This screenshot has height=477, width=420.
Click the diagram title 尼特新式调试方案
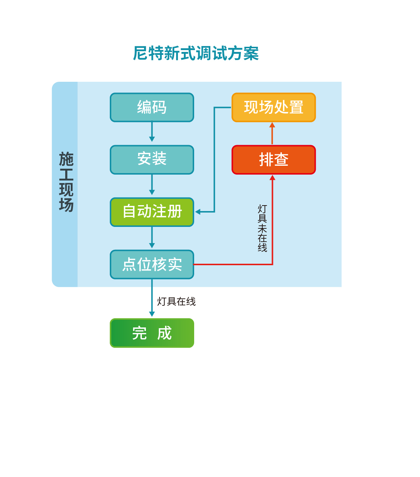[196, 53]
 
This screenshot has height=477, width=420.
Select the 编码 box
[152, 107]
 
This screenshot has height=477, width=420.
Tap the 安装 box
[152, 159]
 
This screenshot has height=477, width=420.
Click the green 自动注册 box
[152, 212]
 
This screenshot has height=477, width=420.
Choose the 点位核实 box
[152, 264]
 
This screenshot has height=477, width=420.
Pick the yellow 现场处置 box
[273, 107]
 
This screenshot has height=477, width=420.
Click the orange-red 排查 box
[273, 159]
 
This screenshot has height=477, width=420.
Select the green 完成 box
[152, 333]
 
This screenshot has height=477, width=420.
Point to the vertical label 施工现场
[66, 182]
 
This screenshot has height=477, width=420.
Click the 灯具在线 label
[176, 301]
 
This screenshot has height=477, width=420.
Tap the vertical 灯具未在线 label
[262, 228]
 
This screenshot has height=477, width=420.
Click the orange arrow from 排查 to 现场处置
[272, 133]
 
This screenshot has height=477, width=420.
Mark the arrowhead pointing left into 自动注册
[198, 212]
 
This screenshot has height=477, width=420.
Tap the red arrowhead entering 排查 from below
[272, 178]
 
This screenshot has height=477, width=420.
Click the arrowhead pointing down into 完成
[152, 314]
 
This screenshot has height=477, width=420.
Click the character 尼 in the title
[140, 53]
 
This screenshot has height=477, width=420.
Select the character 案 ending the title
[251, 53]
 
